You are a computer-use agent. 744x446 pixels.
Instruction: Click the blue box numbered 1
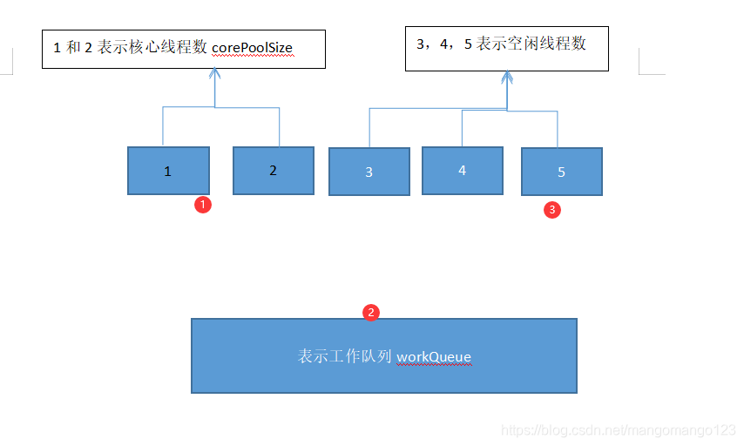pyautogui.click(x=168, y=170)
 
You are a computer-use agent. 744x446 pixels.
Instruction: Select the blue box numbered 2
pyautogui.click(x=273, y=170)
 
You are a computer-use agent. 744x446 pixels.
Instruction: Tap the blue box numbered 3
pyautogui.click(x=369, y=172)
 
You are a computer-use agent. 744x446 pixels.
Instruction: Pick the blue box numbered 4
pyautogui.click(x=462, y=170)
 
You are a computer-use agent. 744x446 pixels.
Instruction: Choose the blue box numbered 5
pyautogui.click(x=561, y=172)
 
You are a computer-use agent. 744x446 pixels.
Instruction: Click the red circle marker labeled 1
pyautogui.click(x=202, y=205)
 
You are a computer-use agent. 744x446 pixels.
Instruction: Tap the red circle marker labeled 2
pyautogui.click(x=371, y=312)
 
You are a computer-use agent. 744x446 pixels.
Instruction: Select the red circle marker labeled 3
pyautogui.click(x=551, y=209)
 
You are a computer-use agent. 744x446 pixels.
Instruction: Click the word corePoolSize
pyautogui.click(x=252, y=48)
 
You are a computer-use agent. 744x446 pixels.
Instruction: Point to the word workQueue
pyautogui.click(x=434, y=356)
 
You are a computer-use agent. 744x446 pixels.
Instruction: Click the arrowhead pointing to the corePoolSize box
pyautogui.click(x=215, y=75)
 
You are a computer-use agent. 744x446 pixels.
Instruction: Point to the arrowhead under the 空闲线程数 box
pyautogui.click(x=507, y=78)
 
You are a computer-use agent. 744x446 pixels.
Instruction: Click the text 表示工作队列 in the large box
pyautogui.click(x=345, y=356)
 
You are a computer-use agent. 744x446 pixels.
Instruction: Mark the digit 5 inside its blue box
pyautogui.click(x=561, y=172)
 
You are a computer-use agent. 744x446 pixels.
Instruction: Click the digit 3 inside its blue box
pyautogui.click(x=369, y=172)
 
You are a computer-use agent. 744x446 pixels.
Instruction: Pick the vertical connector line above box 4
pyautogui.click(x=462, y=128)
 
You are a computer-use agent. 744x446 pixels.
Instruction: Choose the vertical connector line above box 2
pyautogui.click(x=279, y=127)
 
